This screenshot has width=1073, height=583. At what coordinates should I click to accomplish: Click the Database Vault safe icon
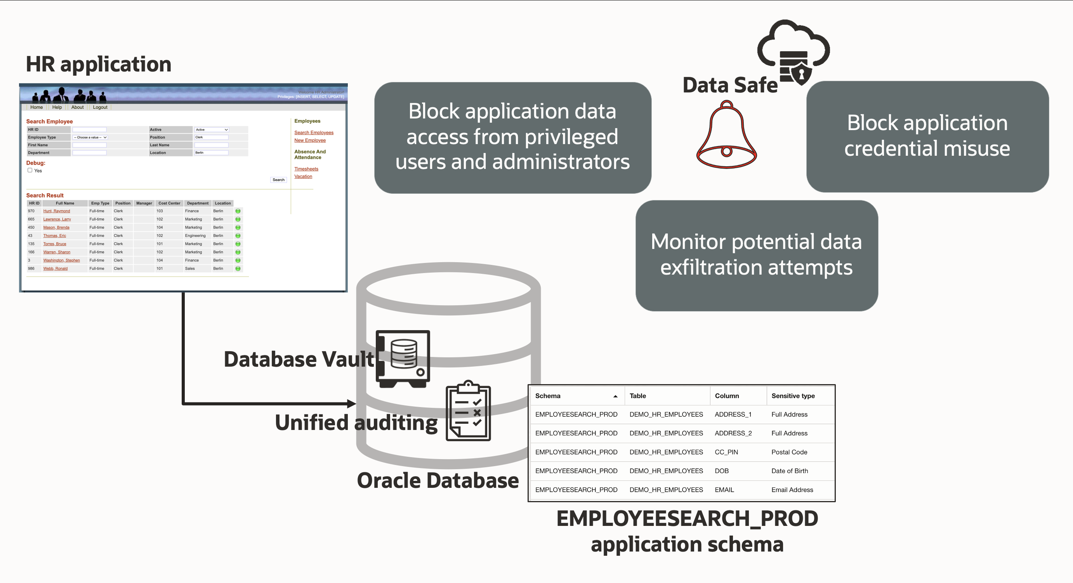pyautogui.click(x=403, y=359)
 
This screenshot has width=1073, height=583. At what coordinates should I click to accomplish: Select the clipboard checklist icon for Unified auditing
pyautogui.click(x=468, y=412)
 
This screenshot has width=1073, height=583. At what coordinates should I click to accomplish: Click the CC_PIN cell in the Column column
pyautogui.click(x=726, y=452)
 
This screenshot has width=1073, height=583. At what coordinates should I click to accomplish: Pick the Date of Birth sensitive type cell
pyautogui.click(x=789, y=471)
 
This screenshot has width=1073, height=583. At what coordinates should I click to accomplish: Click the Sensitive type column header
pyautogui.click(x=793, y=396)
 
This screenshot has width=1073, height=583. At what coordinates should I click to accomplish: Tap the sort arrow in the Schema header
pyautogui.click(x=615, y=396)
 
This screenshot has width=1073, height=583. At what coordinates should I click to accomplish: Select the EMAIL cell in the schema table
pyautogui.click(x=724, y=490)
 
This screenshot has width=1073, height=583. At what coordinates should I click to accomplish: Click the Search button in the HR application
pyautogui.click(x=278, y=180)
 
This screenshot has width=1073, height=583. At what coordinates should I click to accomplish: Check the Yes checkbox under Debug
pyautogui.click(x=30, y=170)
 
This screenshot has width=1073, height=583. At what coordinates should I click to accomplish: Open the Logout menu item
pyautogui.click(x=100, y=107)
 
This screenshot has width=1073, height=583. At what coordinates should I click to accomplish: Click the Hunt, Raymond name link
pyautogui.click(x=57, y=211)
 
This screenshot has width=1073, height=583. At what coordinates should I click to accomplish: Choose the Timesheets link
pyautogui.click(x=306, y=169)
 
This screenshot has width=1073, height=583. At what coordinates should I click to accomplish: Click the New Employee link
pyautogui.click(x=310, y=141)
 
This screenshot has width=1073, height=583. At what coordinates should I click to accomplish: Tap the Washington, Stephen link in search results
pyautogui.click(x=61, y=260)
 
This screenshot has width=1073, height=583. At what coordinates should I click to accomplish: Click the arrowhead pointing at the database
pyautogui.click(x=352, y=404)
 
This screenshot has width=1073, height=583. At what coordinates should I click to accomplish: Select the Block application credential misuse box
pyautogui.click(x=927, y=136)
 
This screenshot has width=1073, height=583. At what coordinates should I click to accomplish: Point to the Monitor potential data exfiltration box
pyautogui.click(x=757, y=255)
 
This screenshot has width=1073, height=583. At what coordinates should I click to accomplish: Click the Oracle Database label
pyautogui.click(x=438, y=480)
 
